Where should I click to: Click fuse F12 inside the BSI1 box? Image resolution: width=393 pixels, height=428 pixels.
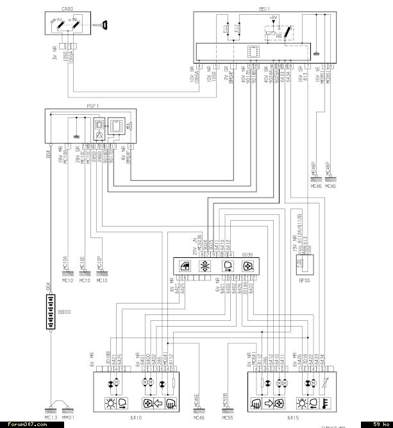[x=238, y=29]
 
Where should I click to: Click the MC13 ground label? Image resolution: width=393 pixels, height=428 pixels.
[x=51, y=418]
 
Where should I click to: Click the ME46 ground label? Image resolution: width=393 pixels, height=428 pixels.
[x=315, y=186]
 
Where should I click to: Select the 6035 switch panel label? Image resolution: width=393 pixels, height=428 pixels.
[x=247, y=255]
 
